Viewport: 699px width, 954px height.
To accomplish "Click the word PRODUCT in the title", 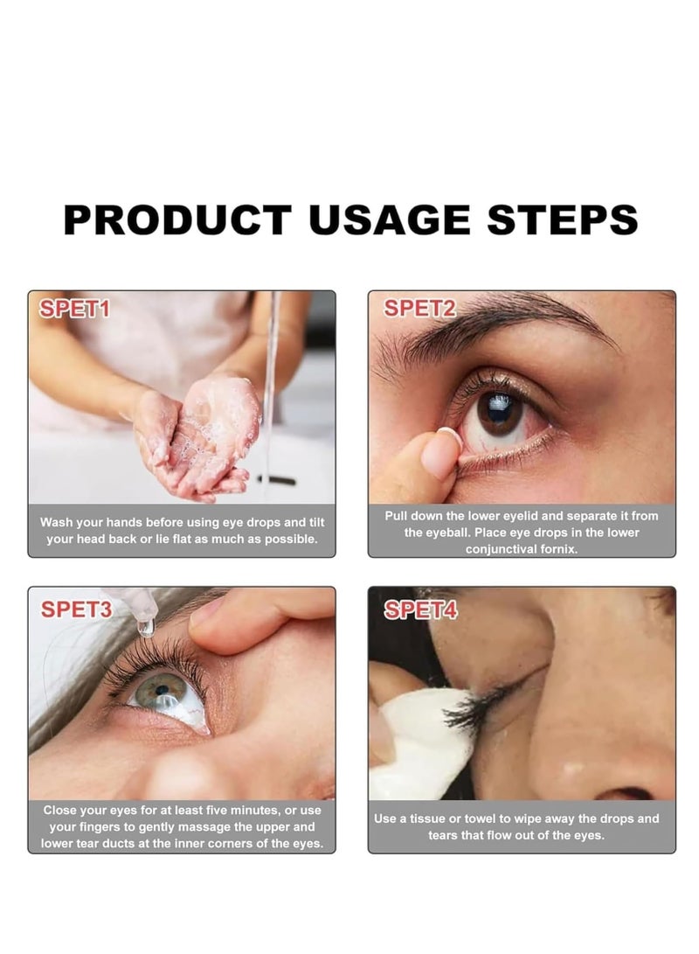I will [x=177, y=219].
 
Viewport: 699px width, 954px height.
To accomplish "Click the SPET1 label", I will [x=73, y=309].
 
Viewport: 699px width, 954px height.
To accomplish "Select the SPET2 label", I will [x=419, y=308].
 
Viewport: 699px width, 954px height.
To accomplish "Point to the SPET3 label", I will [x=76, y=609].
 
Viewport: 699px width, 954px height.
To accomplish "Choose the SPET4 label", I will [x=420, y=610].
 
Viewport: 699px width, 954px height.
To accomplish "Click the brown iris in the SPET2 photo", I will [x=501, y=412].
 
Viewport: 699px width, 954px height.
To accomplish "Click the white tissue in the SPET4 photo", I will [x=419, y=743].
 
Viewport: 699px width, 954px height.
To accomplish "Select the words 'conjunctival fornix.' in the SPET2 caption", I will [x=522, y=549].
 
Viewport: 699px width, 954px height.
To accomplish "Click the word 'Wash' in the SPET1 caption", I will [x=56, y=522].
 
